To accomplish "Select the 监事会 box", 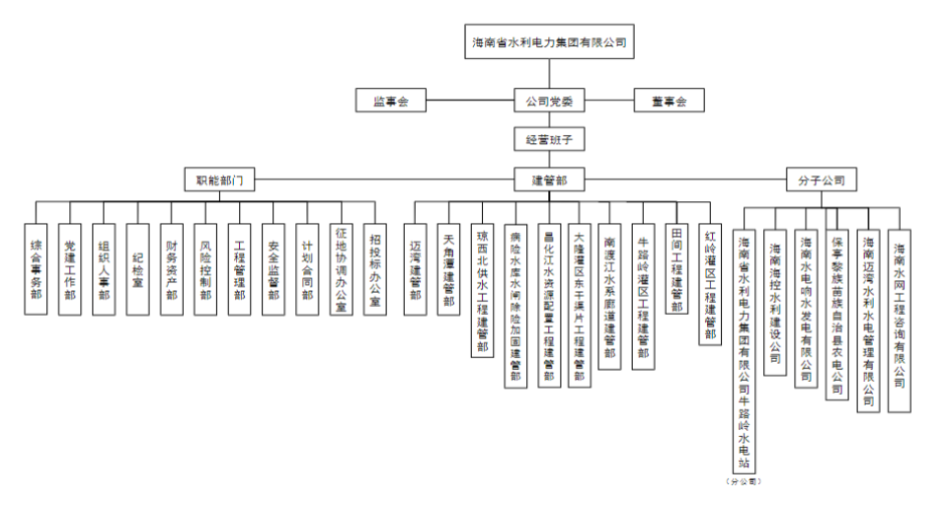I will coord(391,101).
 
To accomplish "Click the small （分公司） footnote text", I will coord(744,481).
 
